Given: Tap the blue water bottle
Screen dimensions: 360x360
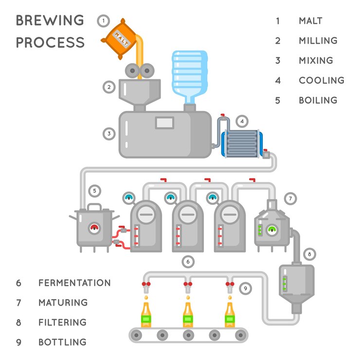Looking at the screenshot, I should pos(189,75).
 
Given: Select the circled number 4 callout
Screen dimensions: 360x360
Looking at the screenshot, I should pos(242,121).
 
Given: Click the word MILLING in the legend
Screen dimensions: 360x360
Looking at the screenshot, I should pos(318,41).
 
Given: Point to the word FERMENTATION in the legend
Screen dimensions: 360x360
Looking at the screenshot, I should pos(74,283).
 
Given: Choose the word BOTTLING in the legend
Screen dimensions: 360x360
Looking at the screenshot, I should pos(62,342).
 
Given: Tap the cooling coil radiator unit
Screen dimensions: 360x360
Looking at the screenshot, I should pos(241,143).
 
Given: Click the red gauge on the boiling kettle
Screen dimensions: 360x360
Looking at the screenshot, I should pos(94,228).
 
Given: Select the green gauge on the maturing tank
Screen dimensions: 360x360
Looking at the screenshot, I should pos(272,229).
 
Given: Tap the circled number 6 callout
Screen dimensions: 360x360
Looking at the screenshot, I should pos(188,262).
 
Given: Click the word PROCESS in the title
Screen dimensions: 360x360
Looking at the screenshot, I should pos(50,42).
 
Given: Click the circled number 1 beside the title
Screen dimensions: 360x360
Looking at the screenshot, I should pos(103,21).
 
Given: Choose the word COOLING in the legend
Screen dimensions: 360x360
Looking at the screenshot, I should pos(322,80).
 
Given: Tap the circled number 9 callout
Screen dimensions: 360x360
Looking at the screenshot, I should pos(246,288).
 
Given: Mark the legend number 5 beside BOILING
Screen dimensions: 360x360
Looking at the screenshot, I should pos(278,100).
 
